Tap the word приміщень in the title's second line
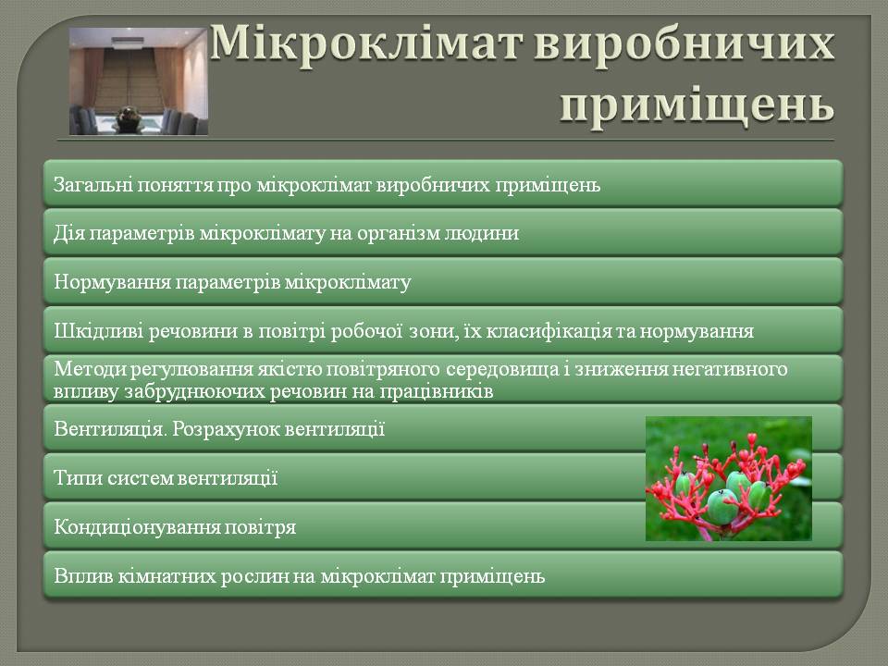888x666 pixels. point(697,105)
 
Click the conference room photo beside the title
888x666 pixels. point(138,81)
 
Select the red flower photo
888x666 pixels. point(729,478)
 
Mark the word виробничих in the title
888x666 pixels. point(684,43)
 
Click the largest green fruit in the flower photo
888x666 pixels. point(722,506)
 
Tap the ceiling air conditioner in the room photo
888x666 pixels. point(130,43)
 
